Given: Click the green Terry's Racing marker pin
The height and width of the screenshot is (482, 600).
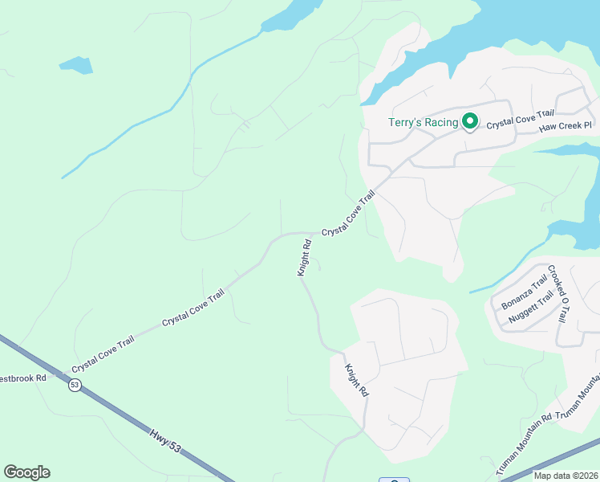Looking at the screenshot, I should click(x=469, y=122).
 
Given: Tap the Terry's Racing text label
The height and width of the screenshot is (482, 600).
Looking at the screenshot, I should click(x=424, y=122).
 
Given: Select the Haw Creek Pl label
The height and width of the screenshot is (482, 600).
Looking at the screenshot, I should click(x=565, y=126).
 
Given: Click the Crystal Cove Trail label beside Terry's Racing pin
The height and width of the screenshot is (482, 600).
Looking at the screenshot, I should click(x=521, y=120).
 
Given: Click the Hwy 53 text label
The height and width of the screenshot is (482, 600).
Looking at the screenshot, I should click(x=164, y=442).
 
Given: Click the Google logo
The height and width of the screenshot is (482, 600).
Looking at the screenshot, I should click(x=26, y=472).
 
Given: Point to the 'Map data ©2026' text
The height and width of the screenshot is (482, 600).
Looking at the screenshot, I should click(x=566, y=476).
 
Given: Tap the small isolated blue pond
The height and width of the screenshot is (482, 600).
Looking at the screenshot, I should click(x=75, y=64).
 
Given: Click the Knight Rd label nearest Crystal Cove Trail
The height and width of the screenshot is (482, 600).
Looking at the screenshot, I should click(x=304, y=258).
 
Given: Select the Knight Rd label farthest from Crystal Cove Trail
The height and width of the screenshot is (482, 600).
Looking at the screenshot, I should click(x=356, y=381).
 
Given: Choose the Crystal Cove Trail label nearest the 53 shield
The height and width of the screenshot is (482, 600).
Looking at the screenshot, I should click(x=103, y=354).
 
